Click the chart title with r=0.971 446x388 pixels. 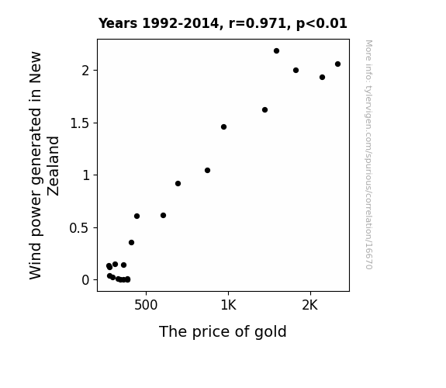click(x=223, y=23)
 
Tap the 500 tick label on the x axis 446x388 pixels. click(x=146, y=306)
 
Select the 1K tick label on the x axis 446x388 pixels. click(x=228, y=306)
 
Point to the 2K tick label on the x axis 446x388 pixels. click(x=309, y=306)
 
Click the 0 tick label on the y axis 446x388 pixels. click(x=85, y=280)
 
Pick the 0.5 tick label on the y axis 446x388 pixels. click(x=79, y=228)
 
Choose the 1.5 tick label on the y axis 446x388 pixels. click(x=79, y=123)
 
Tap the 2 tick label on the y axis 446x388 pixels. click(x=85, y=71)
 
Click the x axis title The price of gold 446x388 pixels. click(x=223, y=332)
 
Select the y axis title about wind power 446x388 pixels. click(x=44, y=165)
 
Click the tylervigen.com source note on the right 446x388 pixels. click(x=368, y=154)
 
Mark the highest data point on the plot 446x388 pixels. click(x=276, y=51)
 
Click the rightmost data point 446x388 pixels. click(x=337, y=64)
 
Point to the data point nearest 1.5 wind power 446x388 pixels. click(x=224, y=127)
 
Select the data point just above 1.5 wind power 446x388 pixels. click(x=264, y=110)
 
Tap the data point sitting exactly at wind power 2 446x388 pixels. click(x=296, y=71)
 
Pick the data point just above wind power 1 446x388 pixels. click(x=207, y=171)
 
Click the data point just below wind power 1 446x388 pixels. click(x=178, y=184)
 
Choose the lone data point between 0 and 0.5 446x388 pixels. click(x=131, y=243)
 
